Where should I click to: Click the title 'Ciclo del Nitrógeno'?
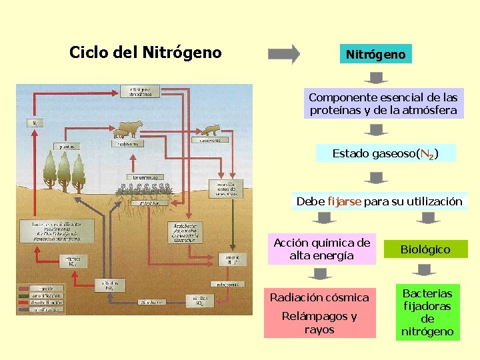pyautogui.click(x=145, y=52)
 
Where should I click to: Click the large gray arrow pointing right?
pyautogui.click(x=284, y=54)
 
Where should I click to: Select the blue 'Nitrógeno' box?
pyautogui.click(x=375, y=54)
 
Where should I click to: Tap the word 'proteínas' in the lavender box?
pyautogui.click(x=335, y=111)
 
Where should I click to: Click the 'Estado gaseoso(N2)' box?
pyautogui.click(x=385, y=154)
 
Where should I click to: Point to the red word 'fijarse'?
pyautogui.click(x=344, y=201)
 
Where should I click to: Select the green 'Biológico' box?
pyautogui.click(x=425, y=249)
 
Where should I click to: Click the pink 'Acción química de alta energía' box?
pyautogui.click(x=321, y=249)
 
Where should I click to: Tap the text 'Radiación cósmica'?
pyautogui.click(x=319, y=297)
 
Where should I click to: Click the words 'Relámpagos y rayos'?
pyautogui.click(x=319, y=323)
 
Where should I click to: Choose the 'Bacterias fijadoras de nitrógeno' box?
pyautogui.click(x=427, y=312)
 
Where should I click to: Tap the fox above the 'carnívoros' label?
pyautogui.click(x=211, y=130)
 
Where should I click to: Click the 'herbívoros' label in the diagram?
pyautogui.click(x=126, y=143)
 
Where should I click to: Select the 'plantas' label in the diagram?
pyautogui.click(x=68, y=146)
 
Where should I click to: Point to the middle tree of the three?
pyautogui.click(x=64, y=170)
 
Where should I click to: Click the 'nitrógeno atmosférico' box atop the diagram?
pyautogui.click(x=140, y=91)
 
